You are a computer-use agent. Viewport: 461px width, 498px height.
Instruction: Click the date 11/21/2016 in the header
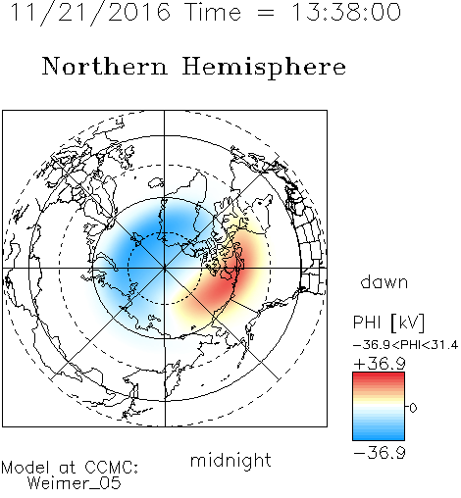tap(90, 13)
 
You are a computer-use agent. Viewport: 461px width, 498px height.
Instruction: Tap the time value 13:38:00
tap(346, 13)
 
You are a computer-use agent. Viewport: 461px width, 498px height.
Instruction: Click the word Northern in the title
tap(105, 66)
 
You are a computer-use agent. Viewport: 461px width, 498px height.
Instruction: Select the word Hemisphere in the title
tap(264, 67)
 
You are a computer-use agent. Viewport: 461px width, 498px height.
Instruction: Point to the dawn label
tap(384, 282)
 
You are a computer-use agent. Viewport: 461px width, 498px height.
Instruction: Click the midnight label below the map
tap(230, 460)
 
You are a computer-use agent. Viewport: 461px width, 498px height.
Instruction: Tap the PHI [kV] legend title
tap(388, 323)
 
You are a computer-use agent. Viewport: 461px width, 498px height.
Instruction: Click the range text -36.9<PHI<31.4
tap(405, 345)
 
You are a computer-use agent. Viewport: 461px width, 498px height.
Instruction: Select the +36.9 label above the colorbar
tap(380, 364)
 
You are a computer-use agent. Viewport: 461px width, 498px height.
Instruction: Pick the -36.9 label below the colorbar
tap(380, 453)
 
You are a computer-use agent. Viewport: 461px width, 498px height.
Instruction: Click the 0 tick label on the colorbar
tap(413, 408)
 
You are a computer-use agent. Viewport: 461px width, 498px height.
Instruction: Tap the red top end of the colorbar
tap(379, 374)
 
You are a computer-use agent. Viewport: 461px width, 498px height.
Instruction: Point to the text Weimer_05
tap(75, 483)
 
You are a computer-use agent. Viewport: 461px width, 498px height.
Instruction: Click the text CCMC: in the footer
tap(111, 468)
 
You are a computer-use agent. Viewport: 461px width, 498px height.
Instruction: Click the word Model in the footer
tap(26, 468)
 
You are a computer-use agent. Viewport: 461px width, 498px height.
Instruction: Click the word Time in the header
tap(213, 13)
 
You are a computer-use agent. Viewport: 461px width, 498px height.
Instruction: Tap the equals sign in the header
tap(266, 13)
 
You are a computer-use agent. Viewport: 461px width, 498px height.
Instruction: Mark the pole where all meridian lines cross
tap(165, 269)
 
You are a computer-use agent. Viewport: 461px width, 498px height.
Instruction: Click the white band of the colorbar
tap(379, 407)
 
